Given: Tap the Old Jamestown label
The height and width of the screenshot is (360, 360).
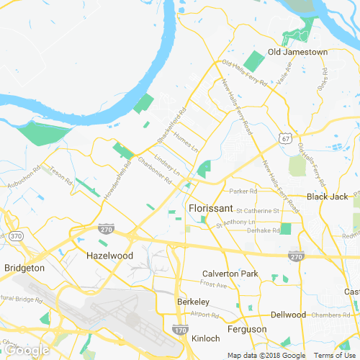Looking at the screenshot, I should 297,52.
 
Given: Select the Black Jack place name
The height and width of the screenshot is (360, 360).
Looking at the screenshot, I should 327,197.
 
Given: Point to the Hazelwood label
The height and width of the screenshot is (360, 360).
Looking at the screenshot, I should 110,256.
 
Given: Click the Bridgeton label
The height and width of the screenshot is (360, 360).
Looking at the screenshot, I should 24,268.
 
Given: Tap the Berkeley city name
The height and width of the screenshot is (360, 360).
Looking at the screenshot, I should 193,302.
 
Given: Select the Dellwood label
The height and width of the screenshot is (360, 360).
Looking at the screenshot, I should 288,315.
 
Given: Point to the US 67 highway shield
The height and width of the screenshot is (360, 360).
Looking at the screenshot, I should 287,138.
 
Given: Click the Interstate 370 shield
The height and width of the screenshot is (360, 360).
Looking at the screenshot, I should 16,236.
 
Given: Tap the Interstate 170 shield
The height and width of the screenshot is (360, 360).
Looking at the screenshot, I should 180,330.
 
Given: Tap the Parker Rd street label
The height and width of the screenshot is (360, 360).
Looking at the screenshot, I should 243,192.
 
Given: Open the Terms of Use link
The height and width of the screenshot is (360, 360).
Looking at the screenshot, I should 336,355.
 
